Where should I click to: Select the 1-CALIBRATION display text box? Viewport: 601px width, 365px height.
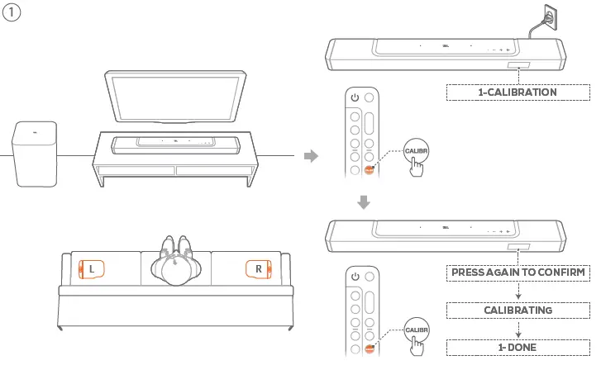pyautogui.click(x=518, y=92)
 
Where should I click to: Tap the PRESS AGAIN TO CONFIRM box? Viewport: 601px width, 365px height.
pyautogui.click(x=518, y=272)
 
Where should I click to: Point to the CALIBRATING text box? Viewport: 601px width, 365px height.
pyautogui.click(x=518, y=310)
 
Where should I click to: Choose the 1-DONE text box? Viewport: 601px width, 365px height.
pyautogui.click(x=518, y=348)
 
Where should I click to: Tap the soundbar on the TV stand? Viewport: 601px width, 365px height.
pyautogui.click(x=175, y=143)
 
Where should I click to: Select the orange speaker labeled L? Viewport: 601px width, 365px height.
pyautogui.click(x=93, y=269)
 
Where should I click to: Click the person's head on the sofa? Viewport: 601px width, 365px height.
pyautogui.click(x=176, y=270)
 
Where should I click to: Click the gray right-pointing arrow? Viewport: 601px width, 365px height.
pyautogui.click(x=311, y=156)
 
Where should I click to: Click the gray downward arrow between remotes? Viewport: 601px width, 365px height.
pyautogui.click(x=364, y=202)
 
